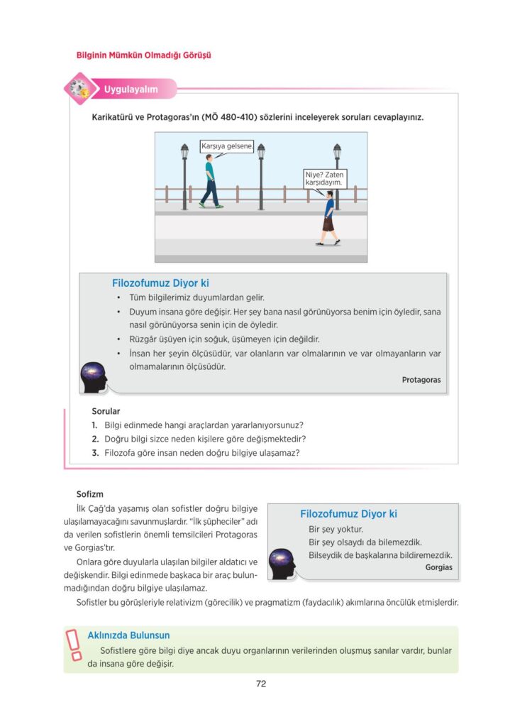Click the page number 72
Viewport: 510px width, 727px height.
point(260,684)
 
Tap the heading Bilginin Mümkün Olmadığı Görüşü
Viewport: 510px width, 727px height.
point(144,55)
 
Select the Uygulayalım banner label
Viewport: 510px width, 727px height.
point(131,89)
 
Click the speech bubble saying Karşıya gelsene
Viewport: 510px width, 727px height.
point(222,146)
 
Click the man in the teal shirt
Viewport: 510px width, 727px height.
point(211,182)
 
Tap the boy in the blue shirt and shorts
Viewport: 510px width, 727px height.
point(328,219)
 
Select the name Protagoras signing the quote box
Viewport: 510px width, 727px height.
point(421,380)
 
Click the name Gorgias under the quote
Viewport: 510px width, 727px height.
point(438,567)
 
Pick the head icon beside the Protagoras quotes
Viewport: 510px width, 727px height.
point(94,377)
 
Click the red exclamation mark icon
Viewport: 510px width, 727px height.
point(74,648)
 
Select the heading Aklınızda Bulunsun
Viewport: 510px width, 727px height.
point(128,635)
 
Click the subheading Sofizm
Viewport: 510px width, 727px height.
point(90,493)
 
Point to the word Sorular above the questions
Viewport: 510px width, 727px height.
point(106,411)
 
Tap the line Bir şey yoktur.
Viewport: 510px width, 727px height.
point(336,529)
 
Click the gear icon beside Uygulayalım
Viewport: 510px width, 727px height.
point(78,89)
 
